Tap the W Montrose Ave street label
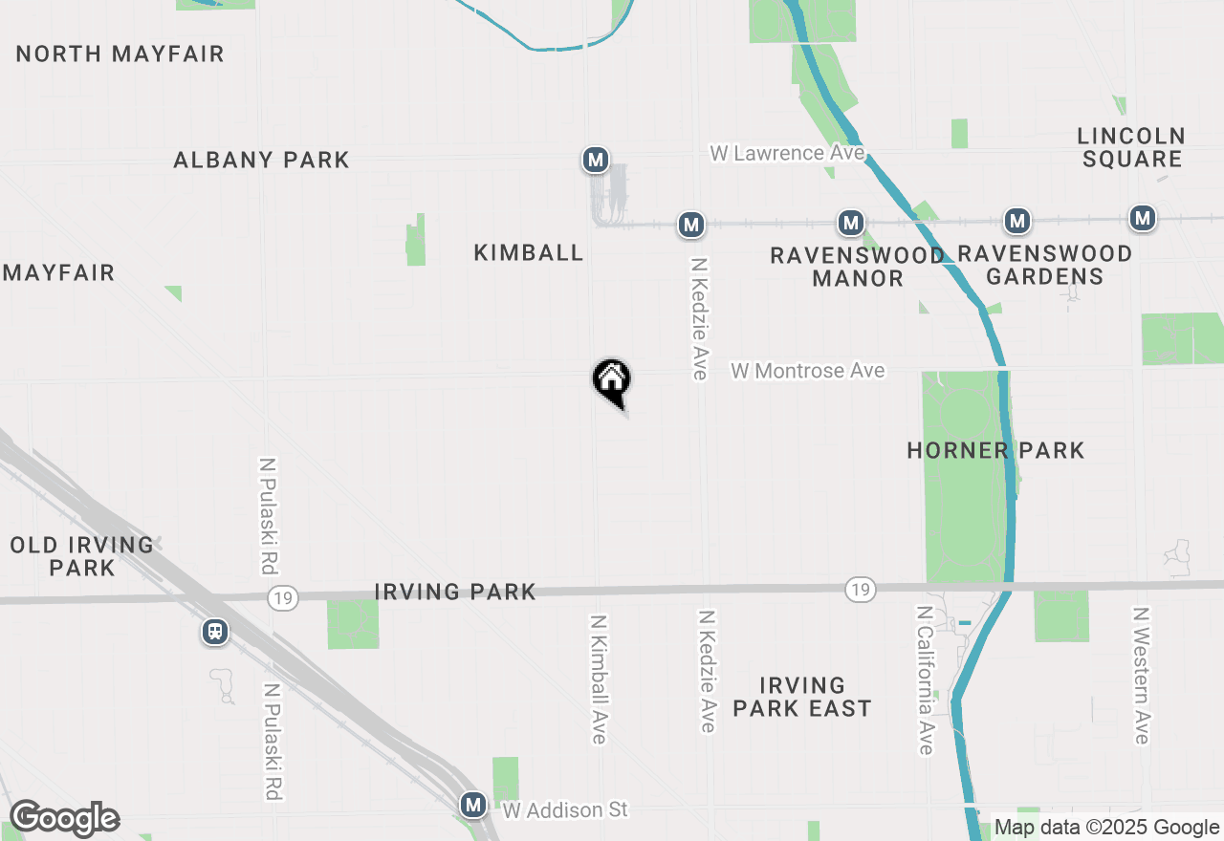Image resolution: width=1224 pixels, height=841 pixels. coord(808,371)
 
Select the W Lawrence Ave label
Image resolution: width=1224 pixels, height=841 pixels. coord(786,153)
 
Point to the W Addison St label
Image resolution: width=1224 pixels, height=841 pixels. coord(565,810)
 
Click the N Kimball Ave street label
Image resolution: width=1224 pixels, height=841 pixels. coord(599,679)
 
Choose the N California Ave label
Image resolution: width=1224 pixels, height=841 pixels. coord(925,679)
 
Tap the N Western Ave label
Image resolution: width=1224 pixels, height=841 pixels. coord(1140,675)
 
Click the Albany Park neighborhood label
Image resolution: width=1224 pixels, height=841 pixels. coord(261,160)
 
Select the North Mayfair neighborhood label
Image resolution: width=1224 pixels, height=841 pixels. coord(120,54)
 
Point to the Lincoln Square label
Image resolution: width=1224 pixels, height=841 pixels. coord(1131,147)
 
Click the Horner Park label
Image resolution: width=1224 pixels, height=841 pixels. coord(995,450)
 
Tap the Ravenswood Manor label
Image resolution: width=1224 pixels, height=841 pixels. coord(858,267)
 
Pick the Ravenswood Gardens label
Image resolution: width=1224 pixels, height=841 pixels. coord(1044,265)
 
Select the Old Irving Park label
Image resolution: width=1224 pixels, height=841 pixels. coord(82,556)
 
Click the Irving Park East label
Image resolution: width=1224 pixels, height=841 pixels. coord(801,697)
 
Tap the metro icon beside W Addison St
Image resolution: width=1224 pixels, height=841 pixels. coord(472,805)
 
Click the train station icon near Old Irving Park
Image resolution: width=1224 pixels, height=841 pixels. coord(216,632)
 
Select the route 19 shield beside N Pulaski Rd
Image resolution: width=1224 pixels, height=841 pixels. coord(283,598)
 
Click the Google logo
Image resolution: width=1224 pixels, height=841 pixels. coord(64,819)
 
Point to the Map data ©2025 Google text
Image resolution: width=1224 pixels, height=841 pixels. coord(1106,828)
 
